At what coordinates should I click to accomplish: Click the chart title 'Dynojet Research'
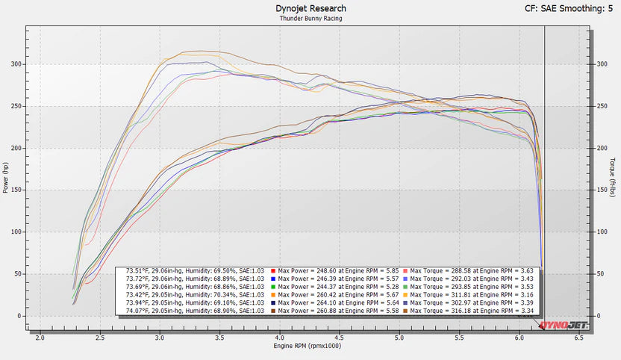pos(310,8)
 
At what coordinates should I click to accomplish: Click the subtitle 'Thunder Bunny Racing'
pos(310,18)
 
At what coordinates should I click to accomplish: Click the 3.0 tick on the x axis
pos(160,338)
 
